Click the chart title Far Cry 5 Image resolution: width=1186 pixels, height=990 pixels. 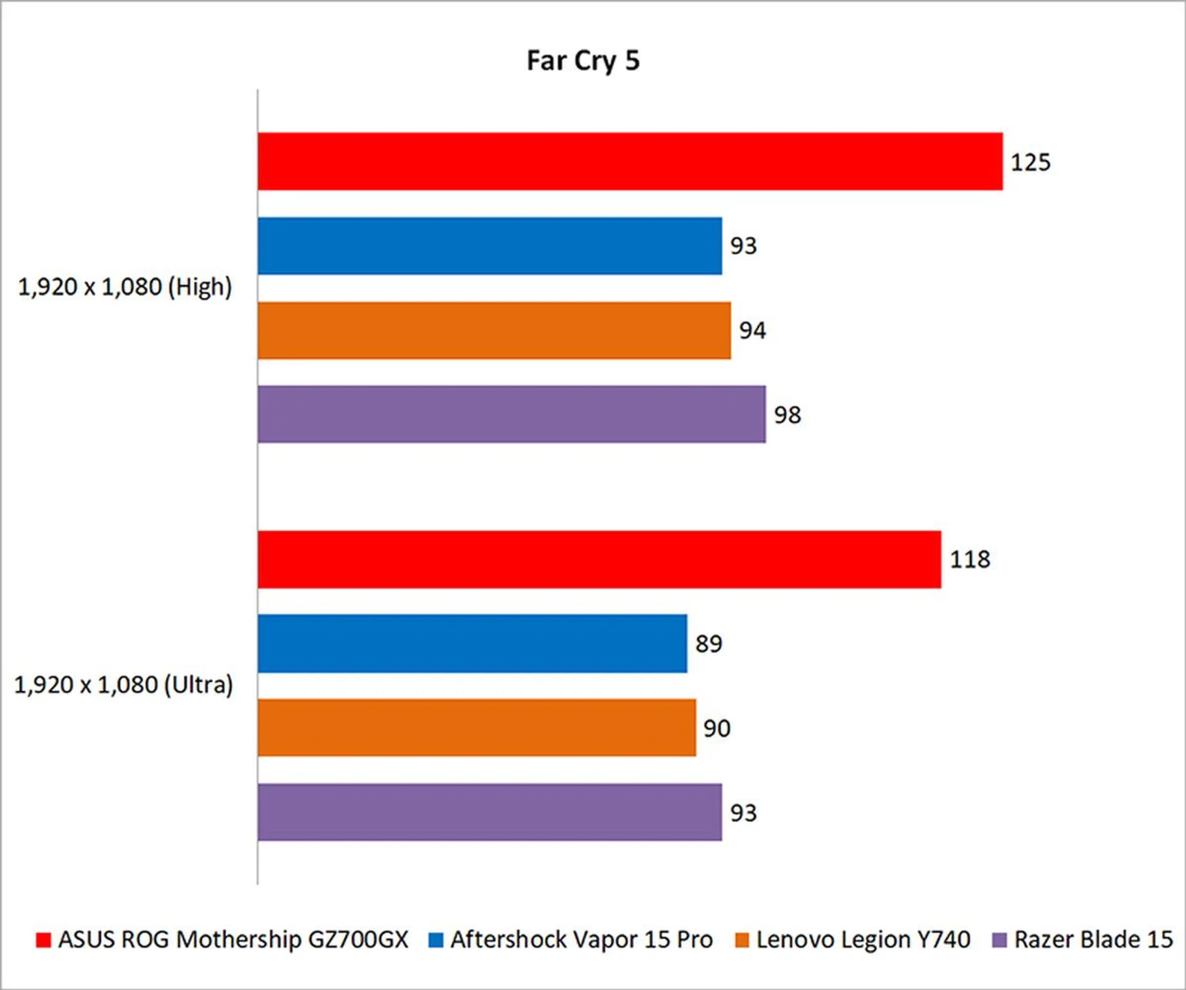[582, 61]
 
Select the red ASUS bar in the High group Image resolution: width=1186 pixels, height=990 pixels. [630, 161]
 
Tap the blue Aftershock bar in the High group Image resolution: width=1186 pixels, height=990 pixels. [490, 246]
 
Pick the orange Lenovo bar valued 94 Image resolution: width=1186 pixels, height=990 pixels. [494, 330]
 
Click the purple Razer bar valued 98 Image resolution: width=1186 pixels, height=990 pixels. [511, 414]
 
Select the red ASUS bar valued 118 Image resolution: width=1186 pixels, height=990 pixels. [599, 559]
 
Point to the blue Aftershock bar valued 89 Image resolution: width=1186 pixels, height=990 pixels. [473, 644]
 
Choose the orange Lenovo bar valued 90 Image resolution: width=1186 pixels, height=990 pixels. [477, 728]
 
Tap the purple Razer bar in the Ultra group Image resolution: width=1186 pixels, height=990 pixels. [490, 812]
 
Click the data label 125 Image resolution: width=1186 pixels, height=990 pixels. [1030, 162]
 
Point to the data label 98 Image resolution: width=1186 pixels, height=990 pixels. [788, 415]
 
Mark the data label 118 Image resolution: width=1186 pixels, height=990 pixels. [970, 560]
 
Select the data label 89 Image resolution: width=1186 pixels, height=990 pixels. [709, 644]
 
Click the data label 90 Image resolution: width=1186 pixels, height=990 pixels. [717, 729]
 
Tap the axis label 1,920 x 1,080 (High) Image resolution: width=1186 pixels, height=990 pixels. [125, 287]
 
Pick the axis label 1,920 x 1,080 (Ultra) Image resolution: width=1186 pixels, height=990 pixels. [124, 685]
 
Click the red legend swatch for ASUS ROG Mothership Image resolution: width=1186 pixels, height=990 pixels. [43, 940]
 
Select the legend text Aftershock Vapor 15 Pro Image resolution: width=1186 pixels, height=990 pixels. [581, 940]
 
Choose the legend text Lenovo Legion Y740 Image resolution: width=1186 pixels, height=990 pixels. [863, 940]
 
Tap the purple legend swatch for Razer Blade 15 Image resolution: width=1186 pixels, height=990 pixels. [999, 940]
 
